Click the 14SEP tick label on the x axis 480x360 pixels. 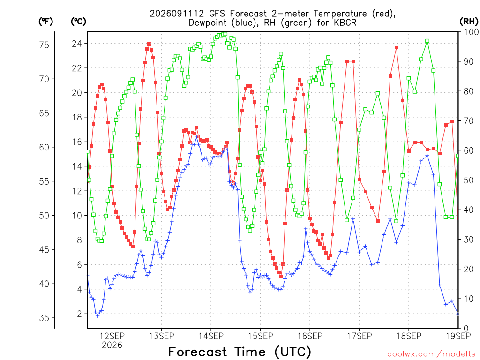tap(211, 336)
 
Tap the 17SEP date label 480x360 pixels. tap(360, 336)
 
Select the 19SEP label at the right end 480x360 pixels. tap(458, 336)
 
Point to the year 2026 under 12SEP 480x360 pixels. tap(112, 345)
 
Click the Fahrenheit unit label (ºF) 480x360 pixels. tap(45, 22)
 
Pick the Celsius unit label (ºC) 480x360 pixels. tap(78, 22)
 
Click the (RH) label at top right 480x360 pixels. tap(469, 21)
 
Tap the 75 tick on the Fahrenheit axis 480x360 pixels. tap(44, 45)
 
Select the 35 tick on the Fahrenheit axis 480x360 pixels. tap(44, 318)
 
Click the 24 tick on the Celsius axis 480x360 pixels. tap(77, 44)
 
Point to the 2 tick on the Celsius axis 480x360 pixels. tap(80, 314)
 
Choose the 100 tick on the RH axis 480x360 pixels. tap(472, 32)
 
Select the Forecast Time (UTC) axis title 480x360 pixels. tap(240, 352)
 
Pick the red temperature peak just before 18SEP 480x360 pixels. tap(396, 48)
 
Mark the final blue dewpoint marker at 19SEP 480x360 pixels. tap(458, 314)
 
